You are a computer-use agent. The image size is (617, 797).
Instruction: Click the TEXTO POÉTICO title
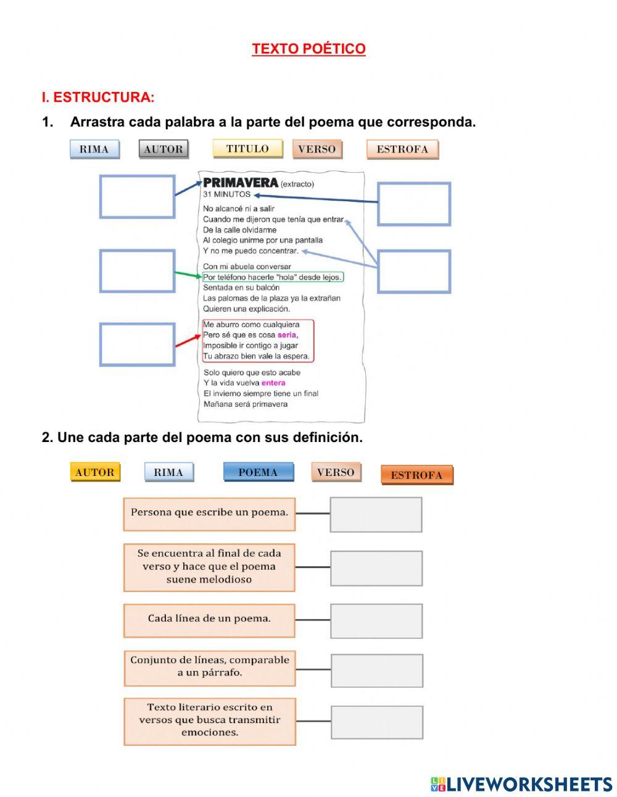tap(308, 49)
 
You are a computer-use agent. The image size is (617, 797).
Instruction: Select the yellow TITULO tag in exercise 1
tap(247, 149)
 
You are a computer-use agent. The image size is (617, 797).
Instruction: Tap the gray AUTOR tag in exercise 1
tap(164, 149)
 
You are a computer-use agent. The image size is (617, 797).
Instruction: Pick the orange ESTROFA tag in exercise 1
tap(402, 149)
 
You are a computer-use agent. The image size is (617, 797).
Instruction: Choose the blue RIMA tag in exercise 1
tap(94, 149)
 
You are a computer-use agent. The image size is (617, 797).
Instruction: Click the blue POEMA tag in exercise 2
tap(258, 472)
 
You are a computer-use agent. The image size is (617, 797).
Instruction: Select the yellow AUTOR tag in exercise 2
tap(95, 472)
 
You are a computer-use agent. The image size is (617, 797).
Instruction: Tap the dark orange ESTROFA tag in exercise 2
tap(416, 475)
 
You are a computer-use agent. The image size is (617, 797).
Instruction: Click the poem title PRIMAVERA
tap(241, 183)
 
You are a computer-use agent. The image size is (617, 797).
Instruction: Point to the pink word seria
tap(287, 335)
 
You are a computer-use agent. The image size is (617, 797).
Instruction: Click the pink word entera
tap(273, 383)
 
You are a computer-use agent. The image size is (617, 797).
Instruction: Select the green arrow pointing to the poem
tap(188, 274)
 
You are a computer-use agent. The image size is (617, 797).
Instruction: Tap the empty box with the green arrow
tap(137, 271)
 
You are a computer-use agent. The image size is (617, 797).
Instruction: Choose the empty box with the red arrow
tap(137, 344)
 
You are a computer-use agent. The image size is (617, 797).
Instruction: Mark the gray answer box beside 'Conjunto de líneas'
tap(377, 670)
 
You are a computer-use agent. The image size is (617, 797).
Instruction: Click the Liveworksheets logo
tap(521, 784)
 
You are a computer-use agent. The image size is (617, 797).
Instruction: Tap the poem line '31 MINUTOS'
tap(227, 194)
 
